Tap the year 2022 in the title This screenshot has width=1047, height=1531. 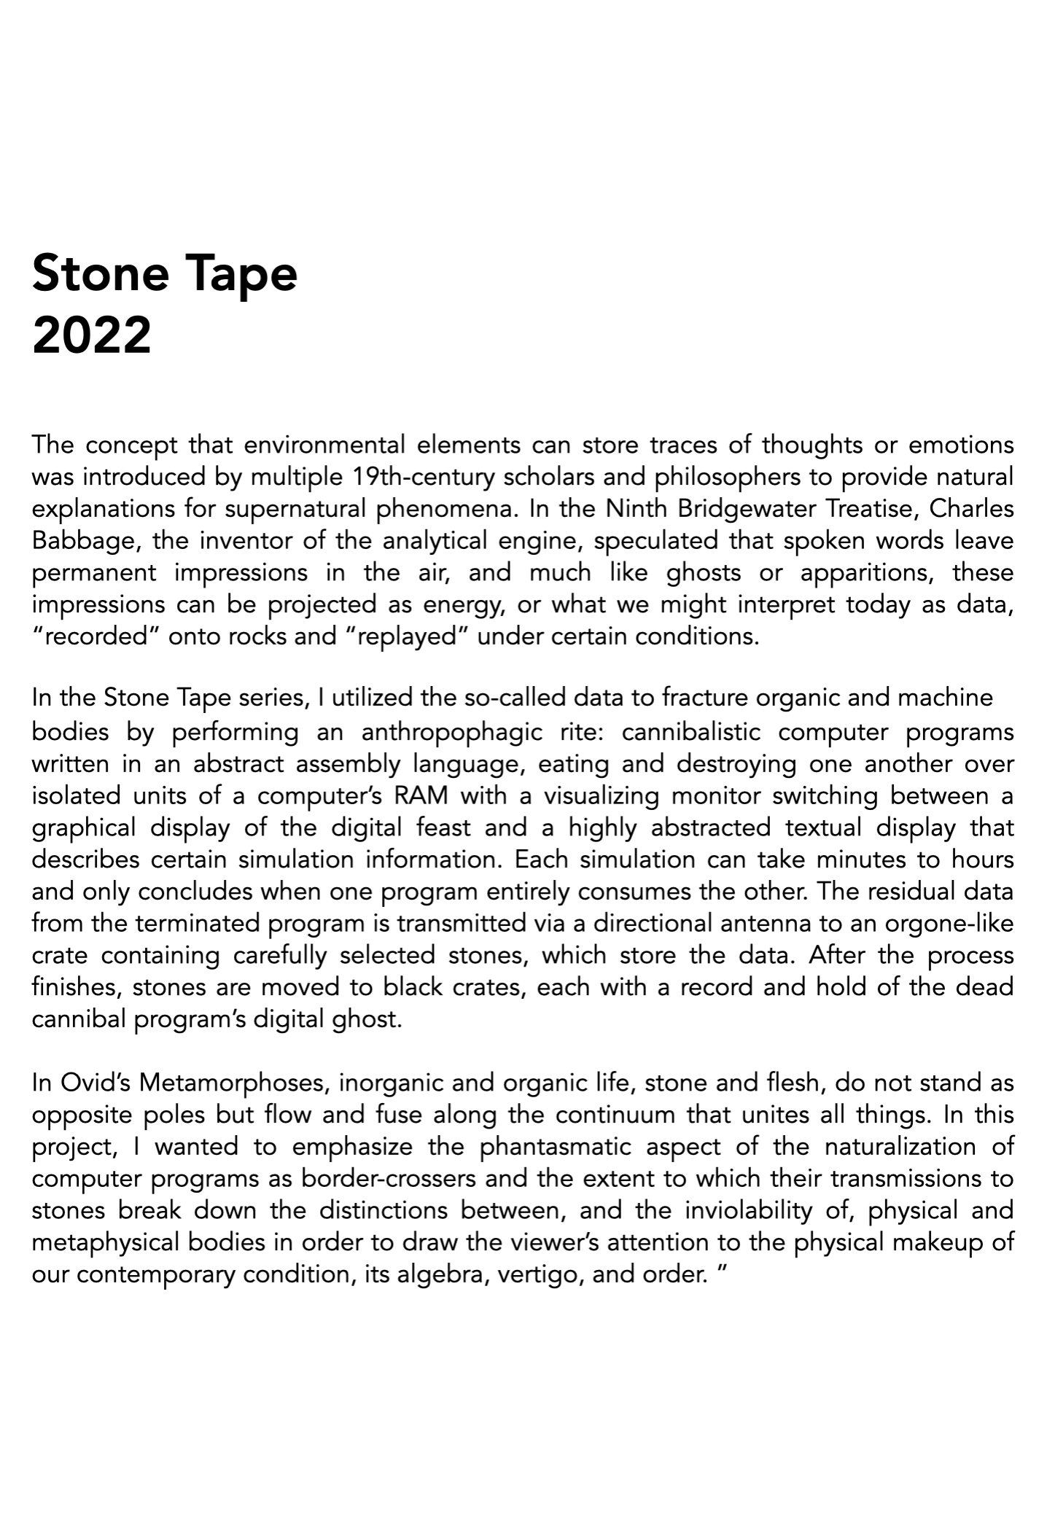point(92,335)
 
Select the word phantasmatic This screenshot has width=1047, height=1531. point(557,1147)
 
